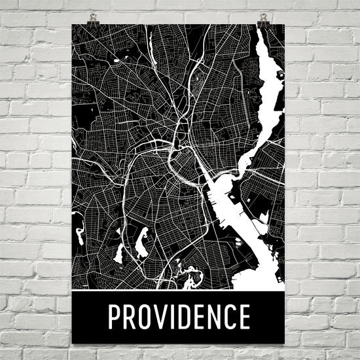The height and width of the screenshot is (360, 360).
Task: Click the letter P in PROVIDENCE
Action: (115, 317)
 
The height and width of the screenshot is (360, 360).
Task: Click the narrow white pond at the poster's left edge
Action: (79, 233)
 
